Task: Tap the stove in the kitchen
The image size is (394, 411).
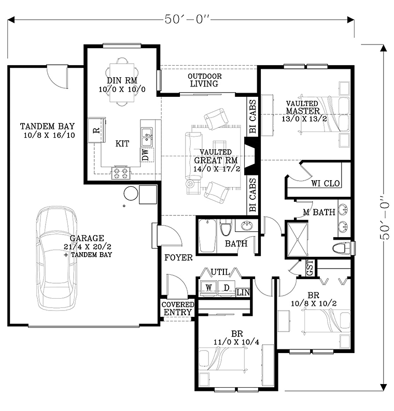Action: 121,173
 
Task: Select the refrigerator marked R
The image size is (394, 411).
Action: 96,130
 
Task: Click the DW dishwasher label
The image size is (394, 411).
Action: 145,154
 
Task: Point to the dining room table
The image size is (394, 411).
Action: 122,83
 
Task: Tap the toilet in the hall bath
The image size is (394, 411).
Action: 226,227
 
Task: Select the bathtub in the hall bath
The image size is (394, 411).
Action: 207,236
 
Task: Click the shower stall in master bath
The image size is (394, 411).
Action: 298,239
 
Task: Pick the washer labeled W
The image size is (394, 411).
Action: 209,288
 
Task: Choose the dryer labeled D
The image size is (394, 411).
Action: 227,288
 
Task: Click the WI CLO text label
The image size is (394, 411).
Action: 326,183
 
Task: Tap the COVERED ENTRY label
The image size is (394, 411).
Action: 178,309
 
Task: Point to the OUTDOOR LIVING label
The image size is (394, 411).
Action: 204,80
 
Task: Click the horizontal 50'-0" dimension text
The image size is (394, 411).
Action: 188,19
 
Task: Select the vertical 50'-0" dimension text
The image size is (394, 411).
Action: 384,217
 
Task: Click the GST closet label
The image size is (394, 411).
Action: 310,268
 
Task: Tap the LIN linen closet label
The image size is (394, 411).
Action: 243,292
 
